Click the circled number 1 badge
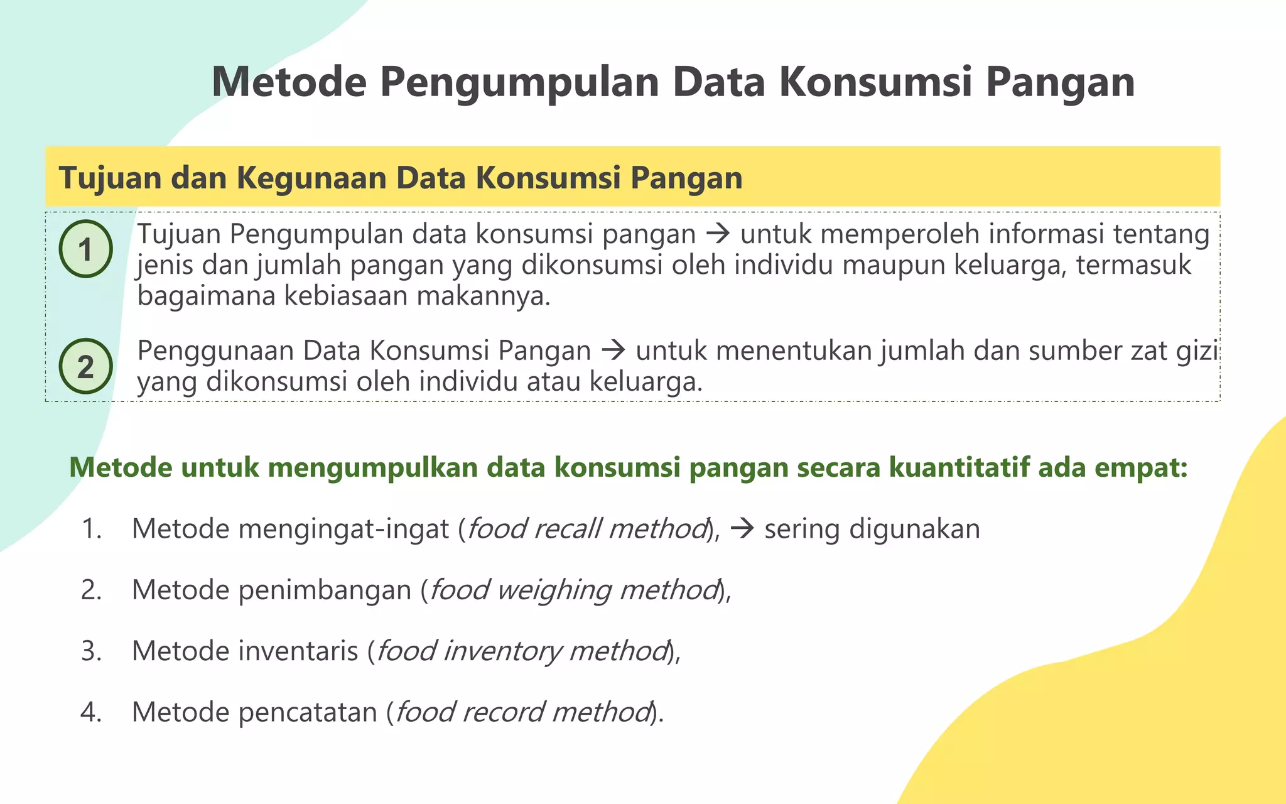(x=85, y=249)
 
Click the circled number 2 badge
(x=85, y=366)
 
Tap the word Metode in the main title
(x=289, y=82)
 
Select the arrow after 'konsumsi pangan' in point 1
(x=718, y=234)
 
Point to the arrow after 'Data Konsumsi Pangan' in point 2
(x=613, y=350)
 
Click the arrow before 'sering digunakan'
(x=742, y=529)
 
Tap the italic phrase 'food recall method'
(x=587, y=529)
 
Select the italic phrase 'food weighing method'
(x=573, y=590)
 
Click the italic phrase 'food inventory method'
(x=521, y=651)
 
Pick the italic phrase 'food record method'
(x=522, y=712)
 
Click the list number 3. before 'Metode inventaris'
(x=92, y=651)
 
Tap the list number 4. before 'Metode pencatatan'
(x=92, y=712)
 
